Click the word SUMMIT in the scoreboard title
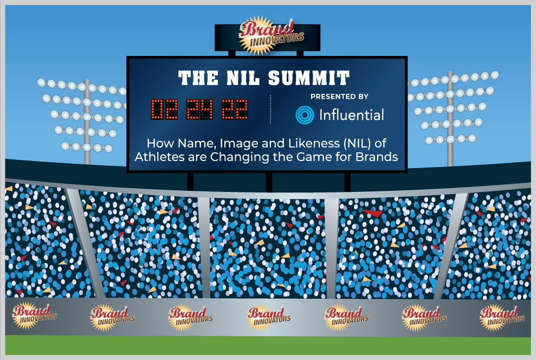pos(309,78)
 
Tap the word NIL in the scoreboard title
pos(243,78)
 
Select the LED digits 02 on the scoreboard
pos(164,110)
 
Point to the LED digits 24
pos(199,110)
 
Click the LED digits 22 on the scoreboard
pos(235,110)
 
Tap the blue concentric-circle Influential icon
pos(305,114)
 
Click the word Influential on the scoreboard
pos(351,115)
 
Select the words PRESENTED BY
pos(339,97)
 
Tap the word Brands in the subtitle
pos(376,157)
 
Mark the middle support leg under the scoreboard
pos(269,182)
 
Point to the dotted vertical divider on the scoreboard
pos(270,110)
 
